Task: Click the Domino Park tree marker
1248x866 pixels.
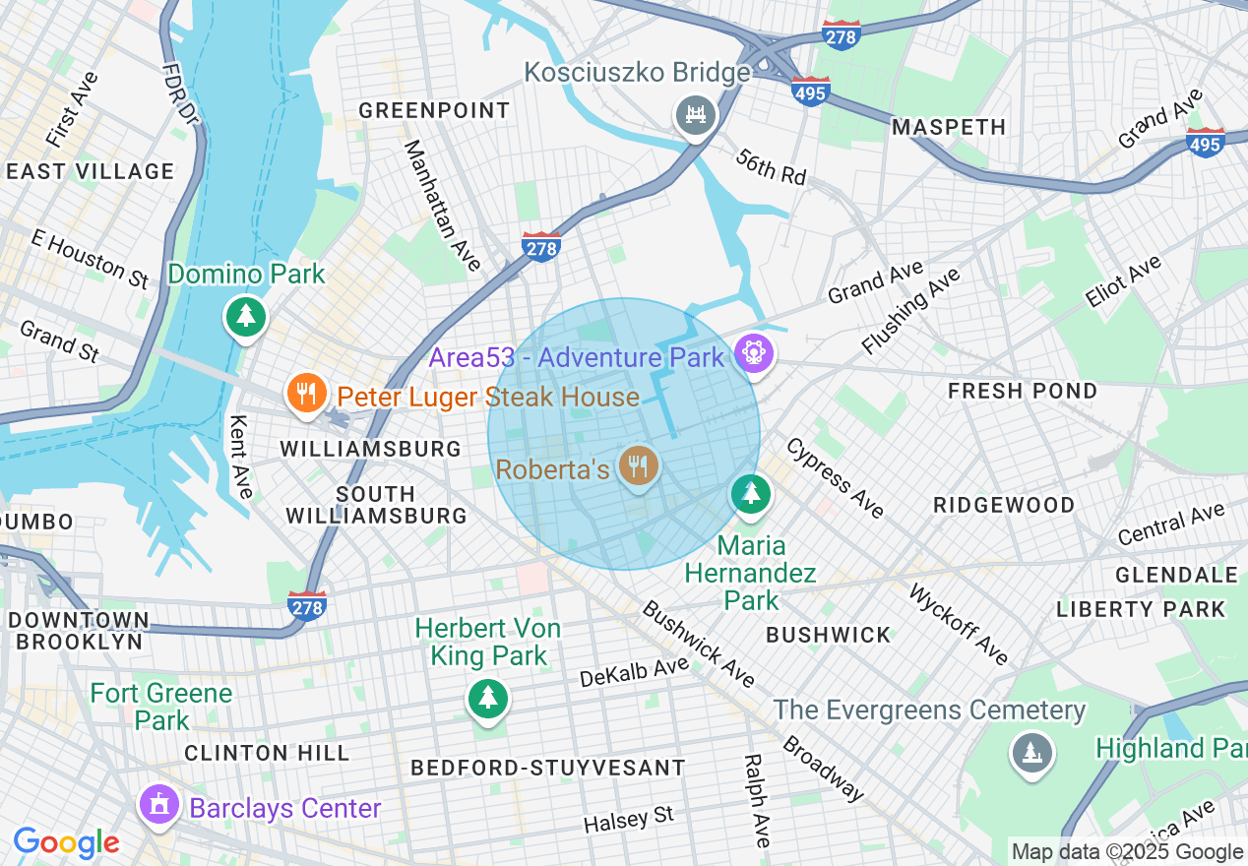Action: click(245, 316)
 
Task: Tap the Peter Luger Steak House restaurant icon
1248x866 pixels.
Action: click(306, 394)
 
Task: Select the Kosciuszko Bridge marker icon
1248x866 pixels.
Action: click(696, 115)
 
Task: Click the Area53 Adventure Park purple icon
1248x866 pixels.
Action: click(754, 352)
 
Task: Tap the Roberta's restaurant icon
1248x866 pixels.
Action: click(639, 464)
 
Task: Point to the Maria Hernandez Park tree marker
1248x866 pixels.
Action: click(752, 492)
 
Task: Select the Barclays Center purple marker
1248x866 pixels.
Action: click(158, 805)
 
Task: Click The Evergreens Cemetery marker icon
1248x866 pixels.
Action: click(1030, 754)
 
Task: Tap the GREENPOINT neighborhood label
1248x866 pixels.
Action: click(434, 110)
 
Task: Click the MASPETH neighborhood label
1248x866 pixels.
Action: click(949, 127)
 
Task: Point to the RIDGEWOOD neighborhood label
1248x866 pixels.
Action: click(1004, 505)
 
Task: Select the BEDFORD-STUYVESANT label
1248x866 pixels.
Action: click(548, 768)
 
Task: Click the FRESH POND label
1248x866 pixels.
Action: click(1023, 391)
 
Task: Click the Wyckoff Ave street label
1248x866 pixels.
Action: click(959, 624)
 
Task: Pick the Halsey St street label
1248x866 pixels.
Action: click(628, 818)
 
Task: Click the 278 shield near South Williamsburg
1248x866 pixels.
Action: click(307, 606)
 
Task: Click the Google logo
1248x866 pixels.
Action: click(66, 842)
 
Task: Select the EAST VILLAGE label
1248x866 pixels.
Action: click(90, 171)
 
